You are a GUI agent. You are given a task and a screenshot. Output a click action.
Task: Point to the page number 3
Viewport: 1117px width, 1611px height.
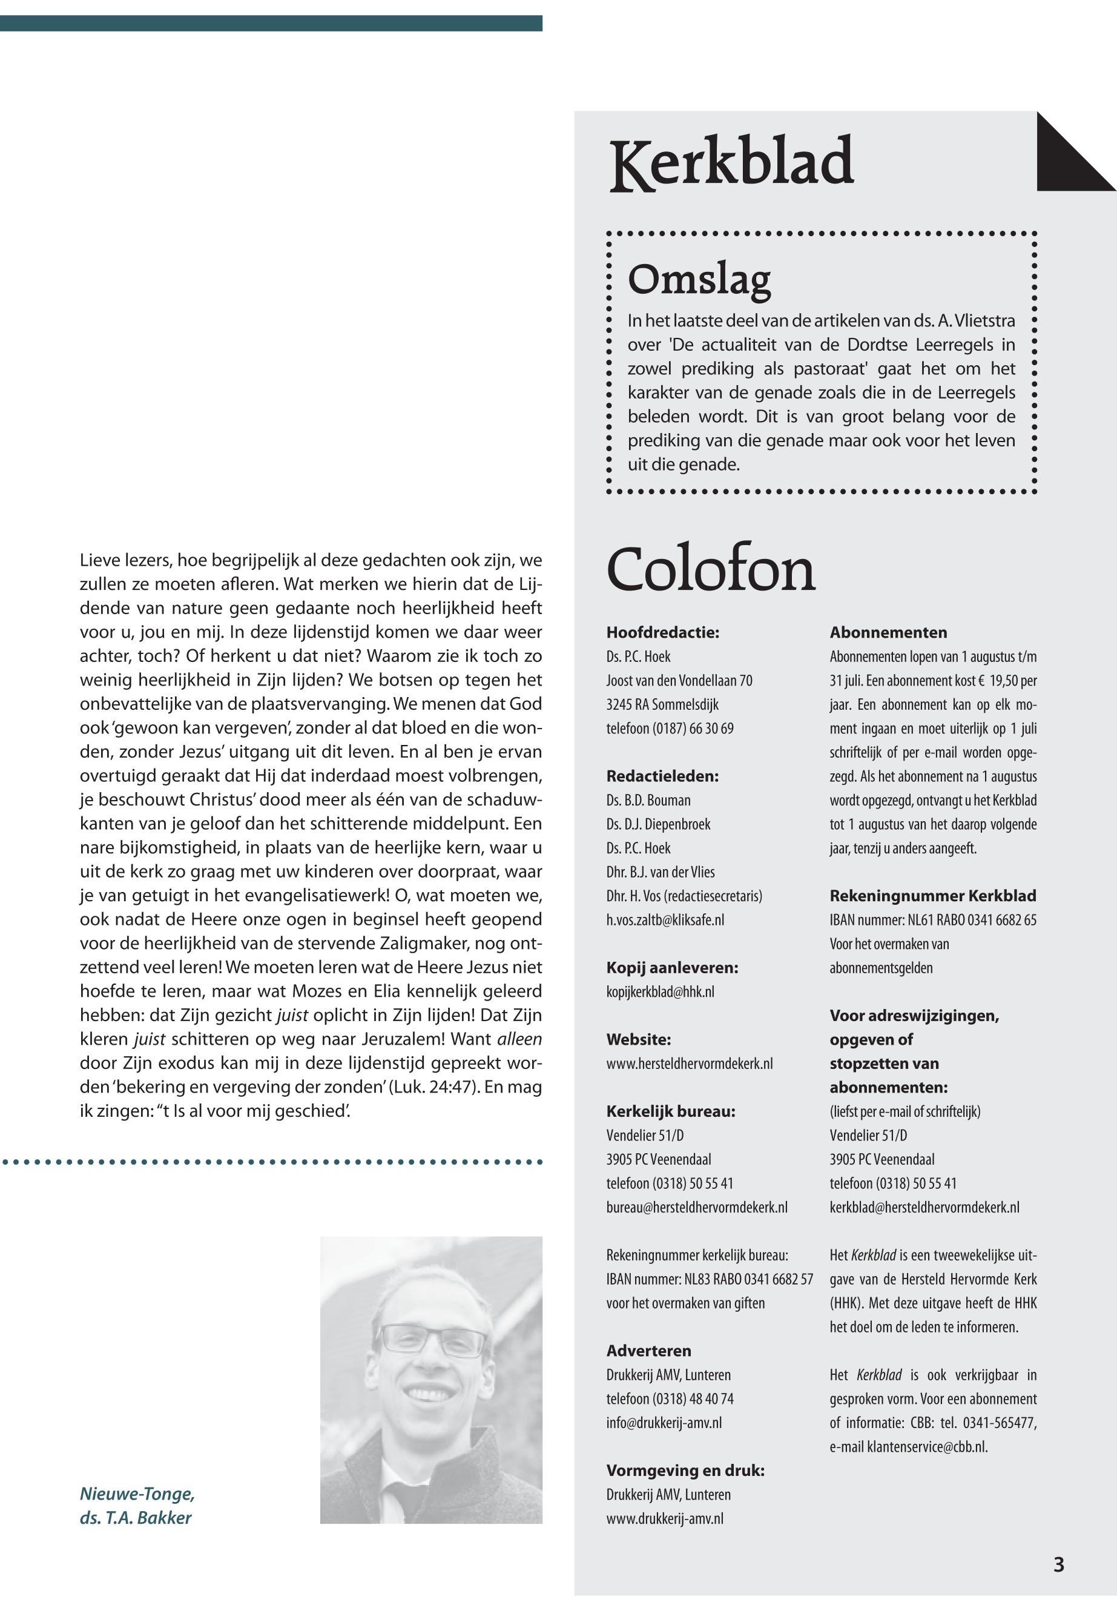[1058, 1564]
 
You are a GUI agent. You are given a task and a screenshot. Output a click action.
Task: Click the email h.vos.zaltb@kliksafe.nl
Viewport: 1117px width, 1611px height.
[665, 920]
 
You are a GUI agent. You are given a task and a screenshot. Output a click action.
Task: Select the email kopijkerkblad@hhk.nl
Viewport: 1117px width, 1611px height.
[660, 992]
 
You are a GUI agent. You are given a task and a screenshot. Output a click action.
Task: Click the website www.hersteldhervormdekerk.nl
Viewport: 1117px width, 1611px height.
[690, 1064]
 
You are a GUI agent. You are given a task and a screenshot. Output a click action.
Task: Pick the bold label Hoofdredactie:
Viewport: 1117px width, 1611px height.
[663, 633]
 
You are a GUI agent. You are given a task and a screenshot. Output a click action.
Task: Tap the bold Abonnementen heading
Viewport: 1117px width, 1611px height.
[888, 633]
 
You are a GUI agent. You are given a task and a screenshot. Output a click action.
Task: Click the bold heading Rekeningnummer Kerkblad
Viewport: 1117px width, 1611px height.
[933, 896]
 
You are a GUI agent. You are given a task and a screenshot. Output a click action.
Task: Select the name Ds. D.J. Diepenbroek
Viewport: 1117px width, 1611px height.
[658, 824]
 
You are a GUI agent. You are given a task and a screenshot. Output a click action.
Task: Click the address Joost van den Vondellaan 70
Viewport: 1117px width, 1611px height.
[679, 681]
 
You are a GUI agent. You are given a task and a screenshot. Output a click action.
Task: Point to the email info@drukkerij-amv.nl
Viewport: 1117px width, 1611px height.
[664, 1423]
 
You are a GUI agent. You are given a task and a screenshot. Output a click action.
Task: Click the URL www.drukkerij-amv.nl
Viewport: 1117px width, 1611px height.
[664, 1518]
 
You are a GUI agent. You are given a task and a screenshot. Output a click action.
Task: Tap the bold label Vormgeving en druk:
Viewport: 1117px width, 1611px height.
[685, 1470]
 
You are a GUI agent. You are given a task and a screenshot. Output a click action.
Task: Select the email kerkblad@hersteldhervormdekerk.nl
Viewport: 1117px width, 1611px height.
[924, 1207]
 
